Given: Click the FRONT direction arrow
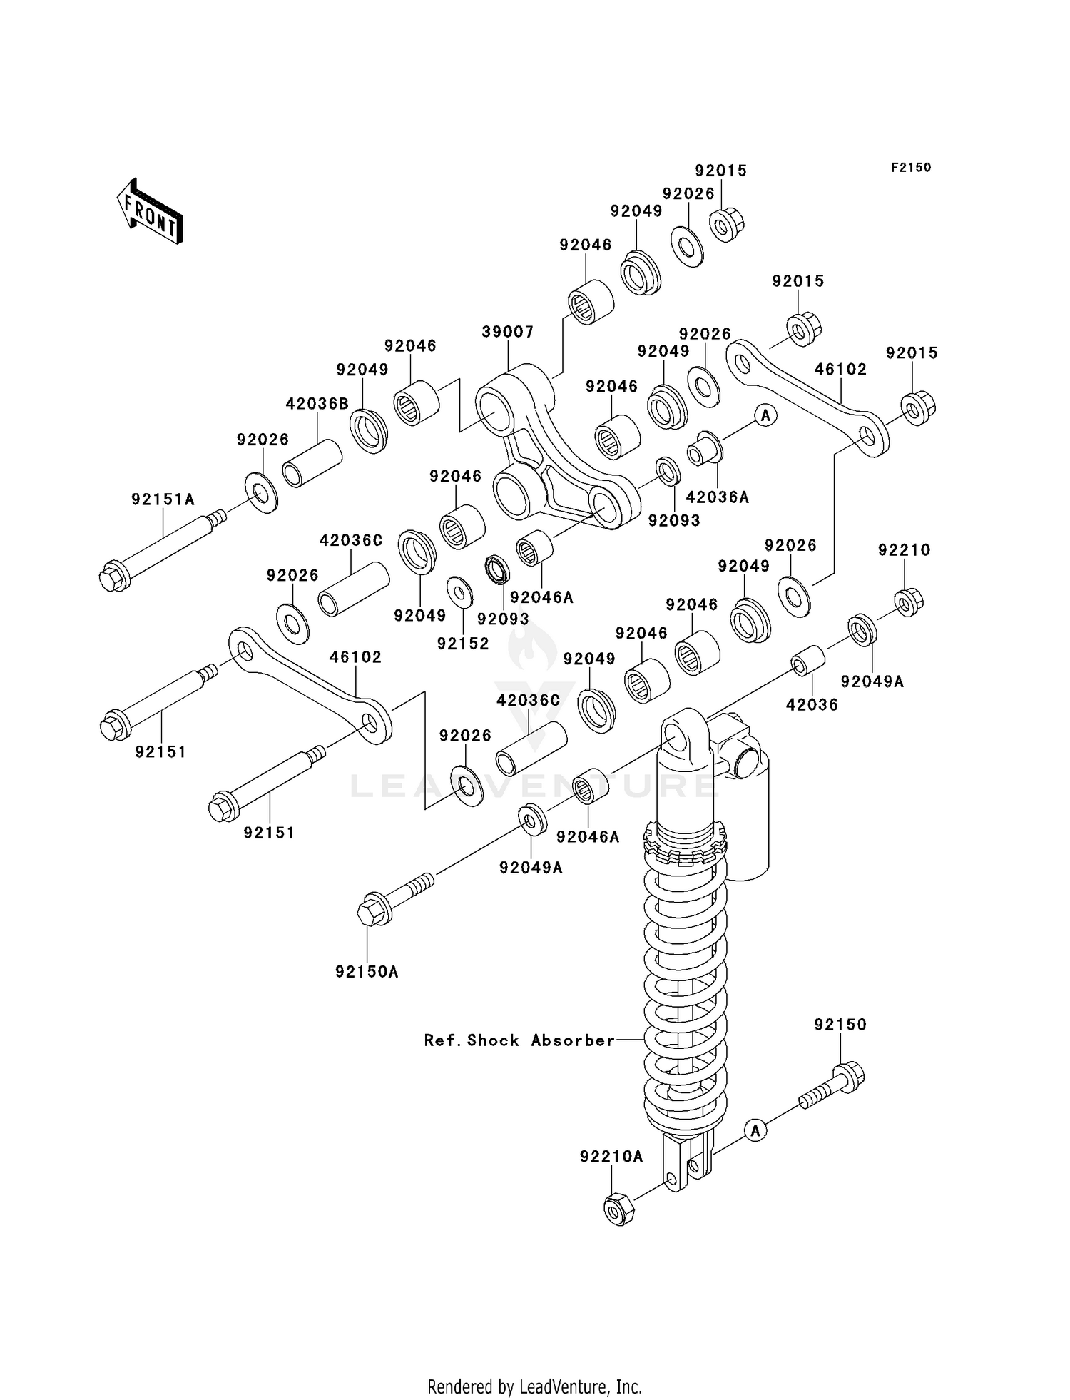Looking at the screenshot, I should (x=151, y=213).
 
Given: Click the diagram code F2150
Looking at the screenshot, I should (x=910, y=167).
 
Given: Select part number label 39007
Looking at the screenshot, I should (x=507, y=332).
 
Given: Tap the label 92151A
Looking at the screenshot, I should (x=163, y=499).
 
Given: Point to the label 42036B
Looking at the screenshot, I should (x=317, y=404).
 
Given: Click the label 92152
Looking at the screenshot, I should (x=463, y=644).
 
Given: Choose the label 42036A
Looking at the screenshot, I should (x=717, y=497).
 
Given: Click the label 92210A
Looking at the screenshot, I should (x=611, y=1157).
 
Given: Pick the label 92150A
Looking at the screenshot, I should (x=367, y=972).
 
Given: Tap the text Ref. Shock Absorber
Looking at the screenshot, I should (x=519, y=1040).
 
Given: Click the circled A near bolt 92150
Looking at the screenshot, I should (x=755, y=1130).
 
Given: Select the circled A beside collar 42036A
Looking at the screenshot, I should (x=765, y=415).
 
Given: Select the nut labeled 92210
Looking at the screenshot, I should (x=908, y=603).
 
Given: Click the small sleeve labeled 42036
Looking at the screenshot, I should (x=807, y=659).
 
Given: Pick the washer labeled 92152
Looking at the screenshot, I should (x=459, y=592).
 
